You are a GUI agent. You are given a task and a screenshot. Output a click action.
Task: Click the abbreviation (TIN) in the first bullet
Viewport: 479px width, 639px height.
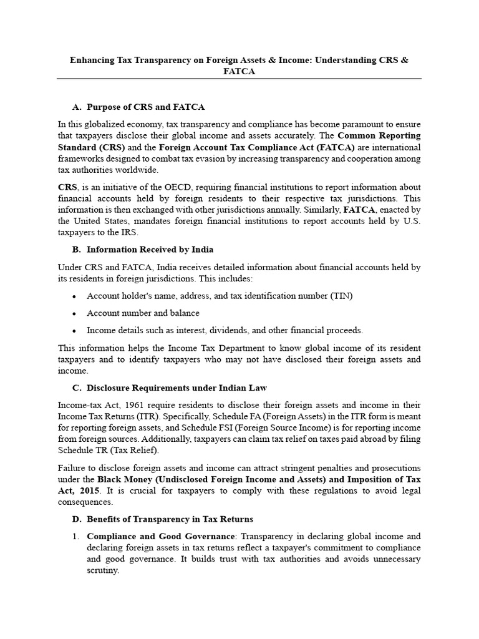point(341,296)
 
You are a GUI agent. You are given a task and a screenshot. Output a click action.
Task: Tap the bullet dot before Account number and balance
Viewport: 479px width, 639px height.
point(75,313)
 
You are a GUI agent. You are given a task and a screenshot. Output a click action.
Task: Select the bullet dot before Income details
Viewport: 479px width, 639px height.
point(75,331)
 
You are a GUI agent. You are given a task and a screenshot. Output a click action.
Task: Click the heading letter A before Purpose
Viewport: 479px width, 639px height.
point(77,107)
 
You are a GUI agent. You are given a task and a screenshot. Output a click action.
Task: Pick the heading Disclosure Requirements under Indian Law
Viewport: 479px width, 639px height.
point(177,388)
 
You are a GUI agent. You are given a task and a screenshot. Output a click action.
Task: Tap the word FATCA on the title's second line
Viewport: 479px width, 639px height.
point(239,71)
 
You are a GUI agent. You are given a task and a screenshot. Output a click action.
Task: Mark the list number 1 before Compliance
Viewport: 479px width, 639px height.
point(75,537)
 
